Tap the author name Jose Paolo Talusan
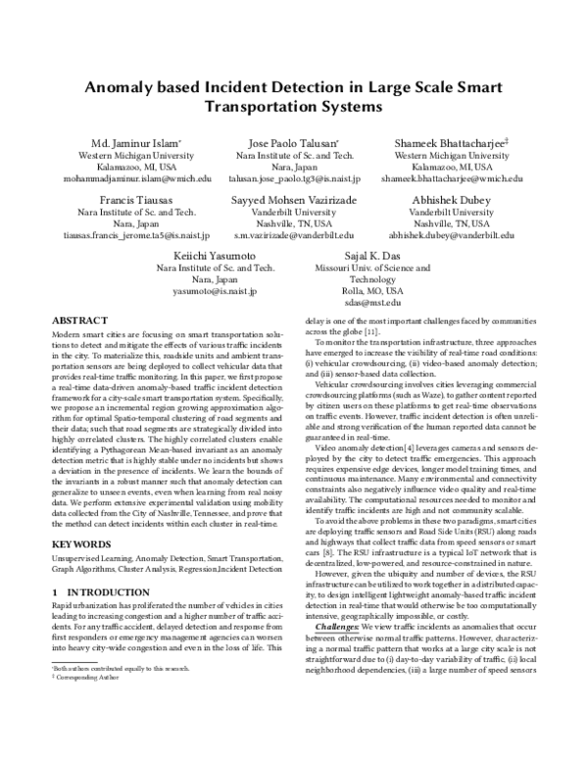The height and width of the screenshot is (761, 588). [x=295, y=142]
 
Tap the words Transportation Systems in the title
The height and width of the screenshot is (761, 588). [x=294, y=106]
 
